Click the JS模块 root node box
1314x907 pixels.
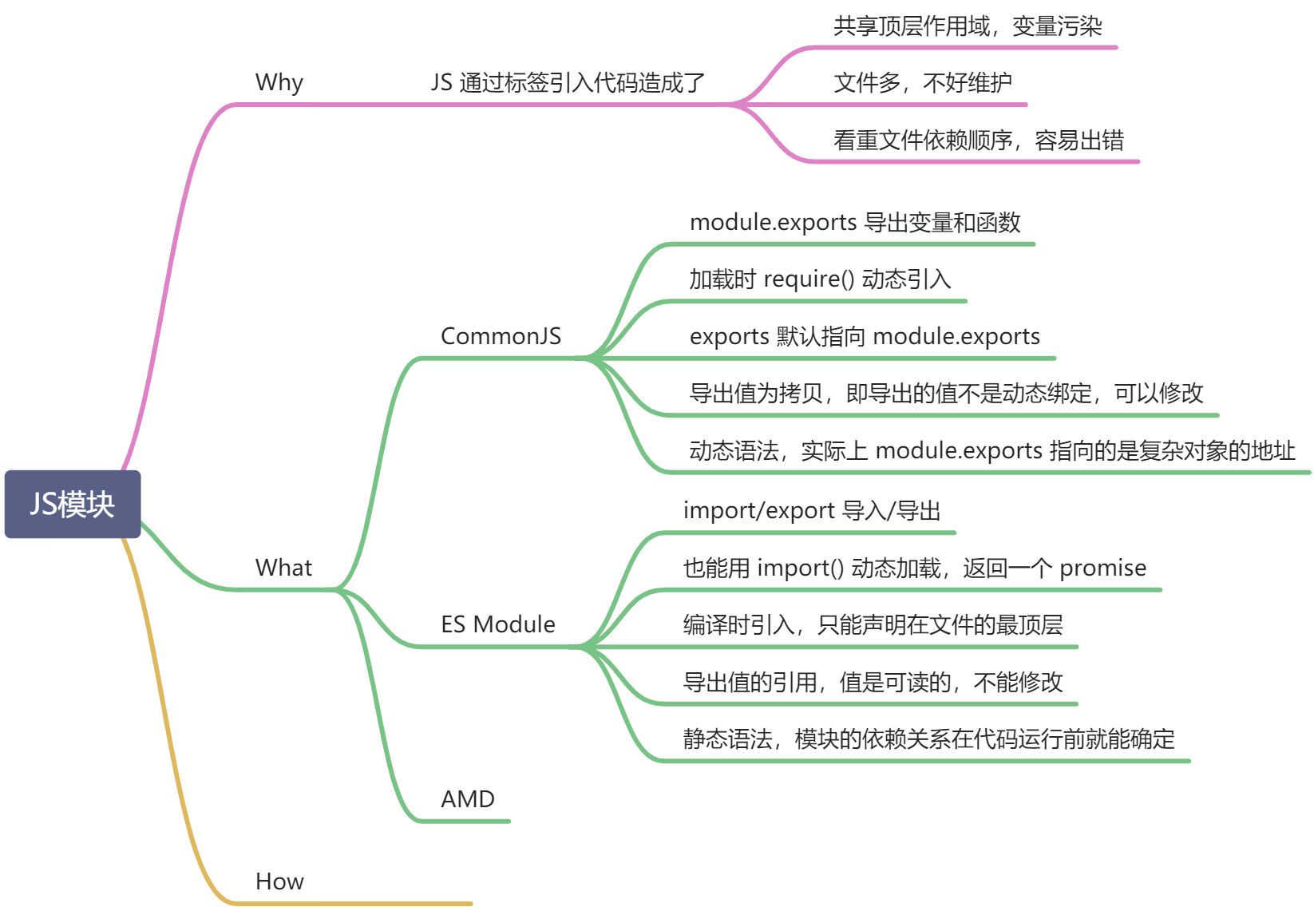pyautogui.click(x=73, y=504)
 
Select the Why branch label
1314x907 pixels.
pyautogui.click(x=279, y=82)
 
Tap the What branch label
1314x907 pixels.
pyautogui.click(x=283, y=568)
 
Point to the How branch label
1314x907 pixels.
pyautogui.click(x=279, y=881)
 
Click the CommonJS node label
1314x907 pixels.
pyautogui.click(x=501, y=336)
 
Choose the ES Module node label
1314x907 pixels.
pyautogui.click(x=498, y=624)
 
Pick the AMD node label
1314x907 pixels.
pyautogui.click(x=468, y=799)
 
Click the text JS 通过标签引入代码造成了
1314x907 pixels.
pyautogui.click(x=568, y=82)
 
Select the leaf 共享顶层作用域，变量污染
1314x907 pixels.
pyautogui.click(x=968, y=26)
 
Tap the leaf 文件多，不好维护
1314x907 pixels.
pyautogui.click(x=923, y=82)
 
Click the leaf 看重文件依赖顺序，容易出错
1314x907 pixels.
pyautogui.click(x=979, y=141)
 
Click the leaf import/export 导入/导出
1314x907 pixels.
pyautogui.click(x=812, y=510)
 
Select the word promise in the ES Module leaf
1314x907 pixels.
pyautogui.click(x=1102, y=568)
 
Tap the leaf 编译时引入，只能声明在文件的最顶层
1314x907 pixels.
pyautogui.click(x=873, y=624)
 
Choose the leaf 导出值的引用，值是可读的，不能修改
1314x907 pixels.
pyautogui.click(x=873, y=682)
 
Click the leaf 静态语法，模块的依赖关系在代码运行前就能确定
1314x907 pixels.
pyautogui.click(x=928, y=739)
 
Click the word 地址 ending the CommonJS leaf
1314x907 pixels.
pyautogui.click(x=1273, y=451)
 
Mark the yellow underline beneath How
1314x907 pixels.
pyautogui.click(x=351, y=904)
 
